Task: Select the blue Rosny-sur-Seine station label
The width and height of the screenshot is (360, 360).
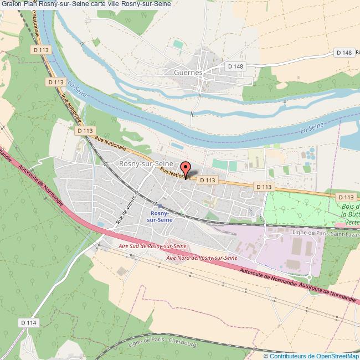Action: click(160, 216)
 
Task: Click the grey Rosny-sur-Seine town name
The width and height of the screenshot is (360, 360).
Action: click(146, 164)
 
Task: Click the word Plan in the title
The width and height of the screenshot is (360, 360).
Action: click(30, 4)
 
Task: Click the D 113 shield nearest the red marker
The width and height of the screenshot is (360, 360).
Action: click(207, 180)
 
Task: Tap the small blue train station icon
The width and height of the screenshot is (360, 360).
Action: click(160, 205)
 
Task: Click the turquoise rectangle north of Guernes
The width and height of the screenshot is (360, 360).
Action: click(177, 43)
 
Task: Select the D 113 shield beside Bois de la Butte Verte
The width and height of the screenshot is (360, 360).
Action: click(345, 197)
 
